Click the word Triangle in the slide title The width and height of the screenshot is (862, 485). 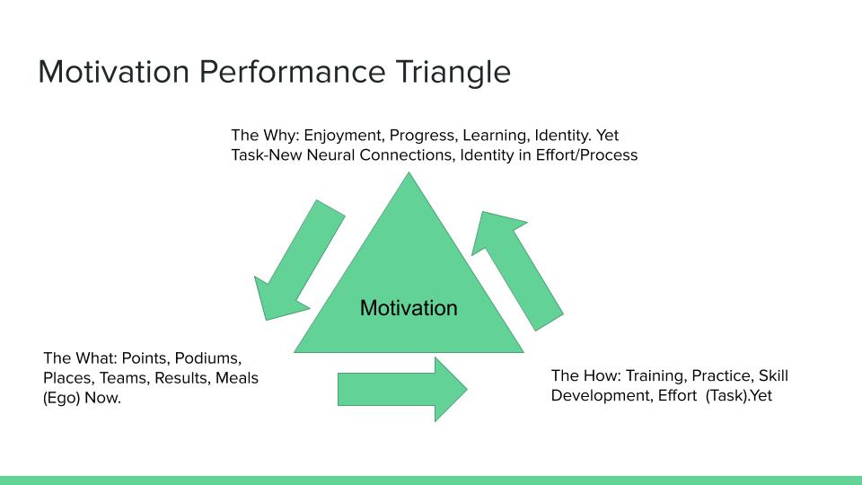(x=453, y=73)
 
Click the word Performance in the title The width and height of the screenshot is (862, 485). (x=292, y=72)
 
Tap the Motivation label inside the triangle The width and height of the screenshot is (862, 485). (x=409, y=308)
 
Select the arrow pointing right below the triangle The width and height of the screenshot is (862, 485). (x=402, y=389)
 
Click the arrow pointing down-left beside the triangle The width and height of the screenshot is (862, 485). (x=300, y=260)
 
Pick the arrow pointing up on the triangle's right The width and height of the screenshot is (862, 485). (x=517, y=270)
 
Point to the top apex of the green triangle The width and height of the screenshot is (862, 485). (x=409, y=172)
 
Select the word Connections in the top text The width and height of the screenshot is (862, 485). (x=408, y=155)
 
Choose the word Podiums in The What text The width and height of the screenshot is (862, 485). (x=207, y=358)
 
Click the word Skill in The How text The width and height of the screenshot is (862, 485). (x=773, y=375)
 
